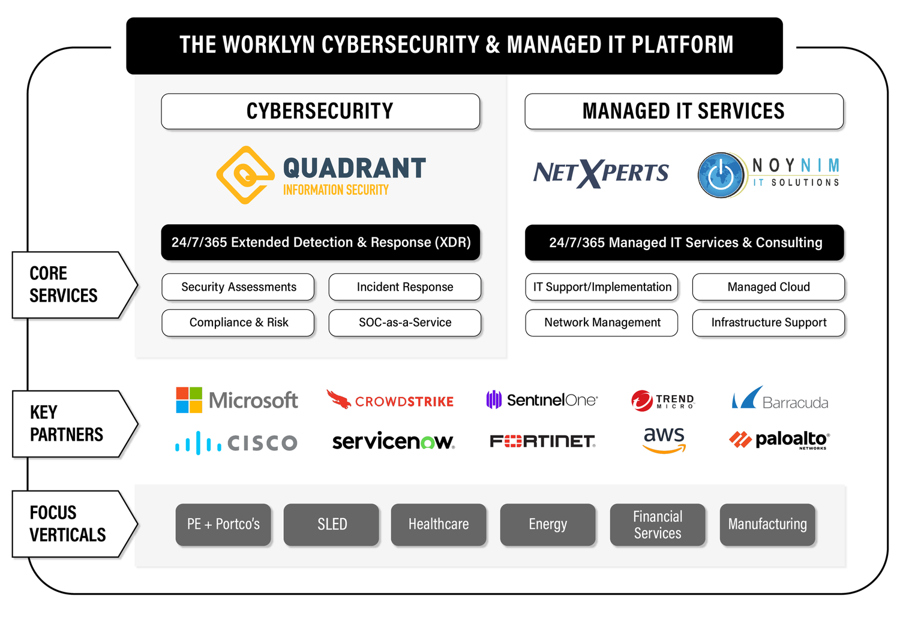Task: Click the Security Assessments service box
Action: (x=238, y=287)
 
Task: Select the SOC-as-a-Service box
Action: (x=405, y=323)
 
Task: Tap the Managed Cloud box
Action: (x=769, y=287)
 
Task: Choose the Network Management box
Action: (x=602, y=323)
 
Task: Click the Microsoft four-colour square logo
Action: (x=189, y=400)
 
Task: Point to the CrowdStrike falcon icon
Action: (x=338, y=399)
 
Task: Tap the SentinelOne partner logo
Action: (x=542, y=400)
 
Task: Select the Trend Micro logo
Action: (x=662, y=401)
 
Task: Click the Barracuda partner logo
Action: (x=780, y=399)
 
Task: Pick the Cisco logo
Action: (x=236, y=443)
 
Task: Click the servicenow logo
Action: (x=393, y=442)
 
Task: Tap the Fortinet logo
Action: (x=542, y=442)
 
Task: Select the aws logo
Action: (x=664, y=440)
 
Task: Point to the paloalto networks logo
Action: (x=779, y=440)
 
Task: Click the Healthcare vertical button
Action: (x=439, y=525)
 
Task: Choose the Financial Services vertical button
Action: (x=658, y=525)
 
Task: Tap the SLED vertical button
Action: (x=332, y=525)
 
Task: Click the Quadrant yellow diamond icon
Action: (x=245, y=174)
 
